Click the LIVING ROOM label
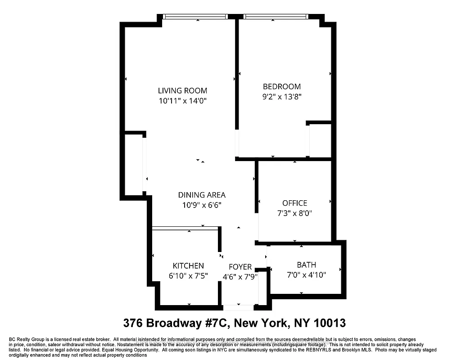182,91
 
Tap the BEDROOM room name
282,86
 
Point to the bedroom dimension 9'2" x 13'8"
282,96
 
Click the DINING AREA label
202,195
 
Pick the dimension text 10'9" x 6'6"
202,205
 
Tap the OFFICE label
294,203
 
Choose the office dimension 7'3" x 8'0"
294,213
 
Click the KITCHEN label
188,266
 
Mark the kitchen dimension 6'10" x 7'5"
188,276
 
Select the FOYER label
240,267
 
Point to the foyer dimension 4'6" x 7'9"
240,277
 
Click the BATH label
306,265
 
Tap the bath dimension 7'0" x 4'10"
306,274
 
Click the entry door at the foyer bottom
239,308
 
